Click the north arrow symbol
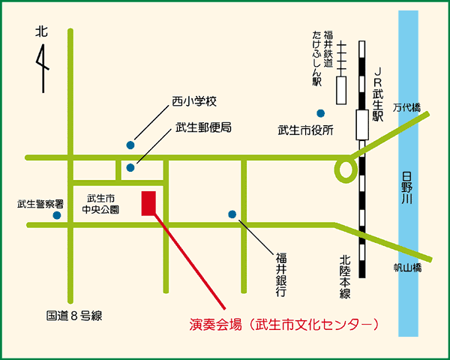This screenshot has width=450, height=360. [x=43, y=67]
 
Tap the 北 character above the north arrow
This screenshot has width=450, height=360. [x=41, y=32]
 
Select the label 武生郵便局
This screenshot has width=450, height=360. [x=203, y=127]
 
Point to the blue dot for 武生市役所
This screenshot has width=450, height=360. [x=320, y=113]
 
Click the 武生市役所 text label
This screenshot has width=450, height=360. [x=305, y=130]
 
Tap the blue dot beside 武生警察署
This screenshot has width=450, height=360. [x=57, y=215]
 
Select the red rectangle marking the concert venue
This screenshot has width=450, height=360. [x=148, y=203]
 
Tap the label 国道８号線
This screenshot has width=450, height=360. [x=73, y=316]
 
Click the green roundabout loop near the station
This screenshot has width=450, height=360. [x=345, y=169]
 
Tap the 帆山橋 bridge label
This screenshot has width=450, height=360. [x=408, y=267]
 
